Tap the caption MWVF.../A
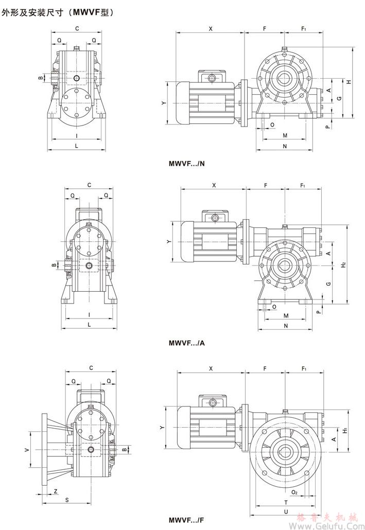[x=186, y=342]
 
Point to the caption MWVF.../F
[x=186, y=520]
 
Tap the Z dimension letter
[x=55, y=491]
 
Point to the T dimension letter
[x=285, y=502]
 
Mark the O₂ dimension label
[x=294, y=492]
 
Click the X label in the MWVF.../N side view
[x=211, y=29]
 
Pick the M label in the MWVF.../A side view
[x=285, y=315]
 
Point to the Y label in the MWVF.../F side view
[x=162, y=428]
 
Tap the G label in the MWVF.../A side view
[x=328, y=284]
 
